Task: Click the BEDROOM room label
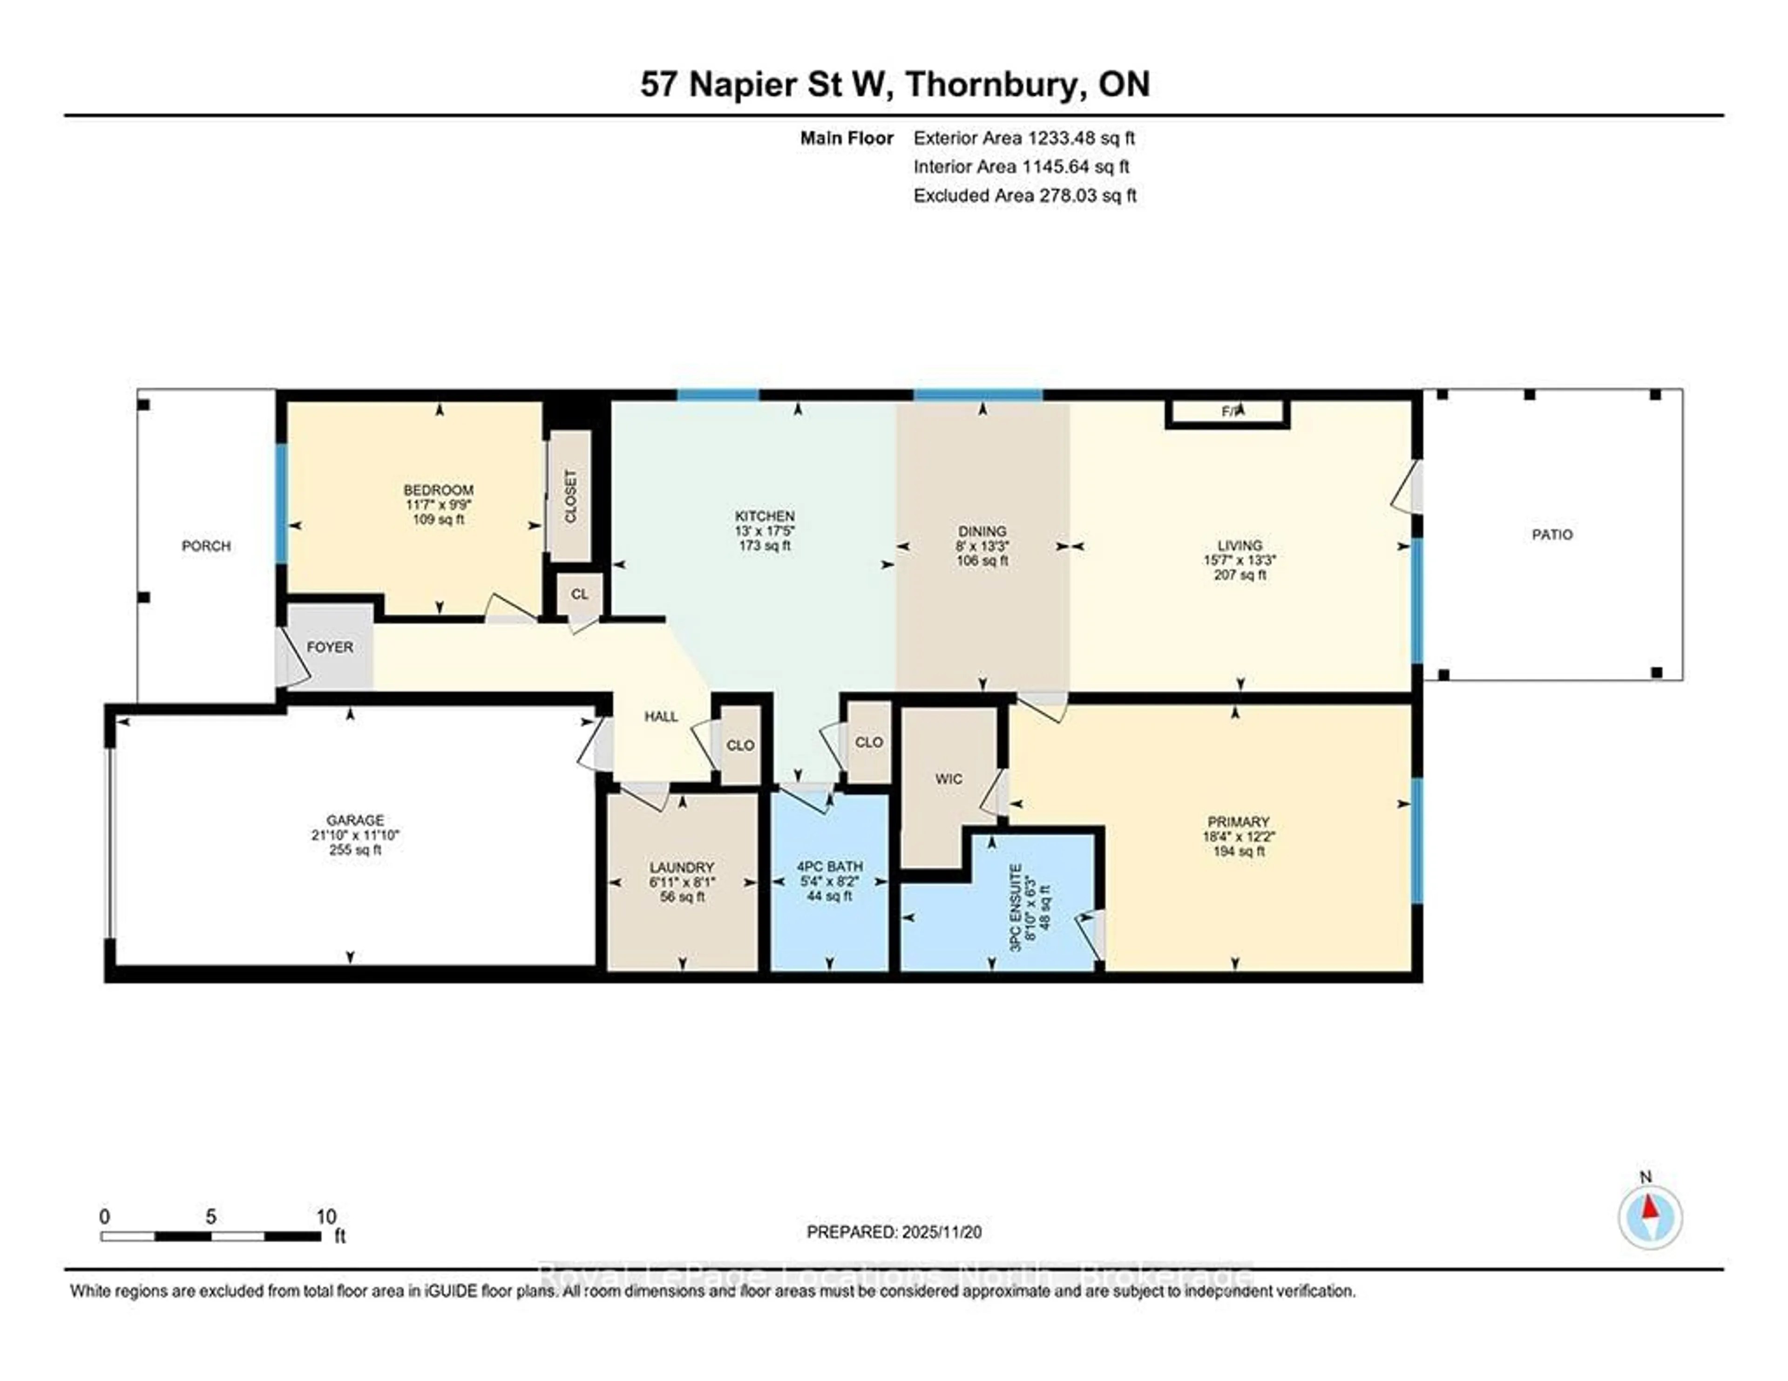click(x=438, y=489)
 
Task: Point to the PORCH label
click(x=206, y=546)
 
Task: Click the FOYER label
click(x=330, y=647)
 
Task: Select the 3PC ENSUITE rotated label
click(x=1015, y=907)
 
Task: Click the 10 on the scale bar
click(x=326, y=1217)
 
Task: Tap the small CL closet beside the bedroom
click(x=580, y=594)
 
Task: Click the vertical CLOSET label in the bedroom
click(x=570, y=496)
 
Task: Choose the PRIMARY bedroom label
click(x=1238, y=822)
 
